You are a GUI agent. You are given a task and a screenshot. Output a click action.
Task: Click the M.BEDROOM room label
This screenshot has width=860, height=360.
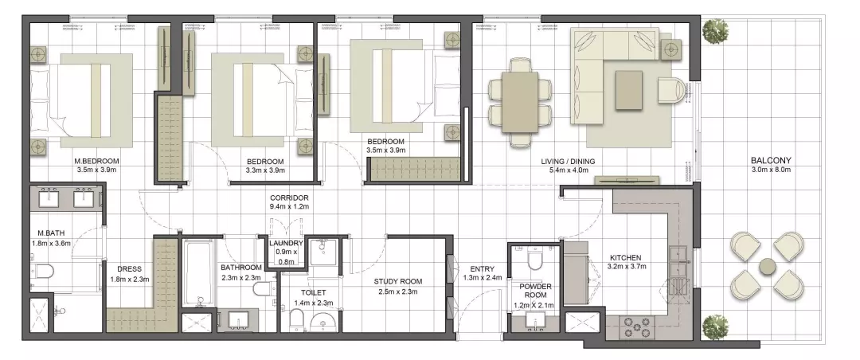96,162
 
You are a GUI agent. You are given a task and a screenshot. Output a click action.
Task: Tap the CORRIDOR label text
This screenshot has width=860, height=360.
289,198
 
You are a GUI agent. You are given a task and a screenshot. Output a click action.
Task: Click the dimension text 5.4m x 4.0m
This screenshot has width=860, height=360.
568,170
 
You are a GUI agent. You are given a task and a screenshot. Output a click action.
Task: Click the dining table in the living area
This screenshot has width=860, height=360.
520,103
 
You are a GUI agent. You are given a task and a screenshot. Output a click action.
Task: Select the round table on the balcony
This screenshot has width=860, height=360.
768,268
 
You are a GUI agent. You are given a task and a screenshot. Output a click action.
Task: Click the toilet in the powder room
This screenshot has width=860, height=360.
533,259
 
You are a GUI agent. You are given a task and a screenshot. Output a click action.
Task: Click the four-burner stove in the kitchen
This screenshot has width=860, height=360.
636,327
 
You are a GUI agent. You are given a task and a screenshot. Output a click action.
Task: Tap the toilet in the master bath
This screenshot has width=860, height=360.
42,270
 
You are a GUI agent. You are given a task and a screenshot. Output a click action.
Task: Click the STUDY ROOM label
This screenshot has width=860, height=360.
398,281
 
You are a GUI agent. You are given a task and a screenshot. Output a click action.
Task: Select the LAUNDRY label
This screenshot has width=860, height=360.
286,243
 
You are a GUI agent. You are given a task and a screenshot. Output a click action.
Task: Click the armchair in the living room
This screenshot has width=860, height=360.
672,90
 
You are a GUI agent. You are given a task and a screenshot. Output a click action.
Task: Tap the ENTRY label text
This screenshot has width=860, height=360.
482,269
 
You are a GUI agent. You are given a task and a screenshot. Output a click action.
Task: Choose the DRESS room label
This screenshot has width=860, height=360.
130,269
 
